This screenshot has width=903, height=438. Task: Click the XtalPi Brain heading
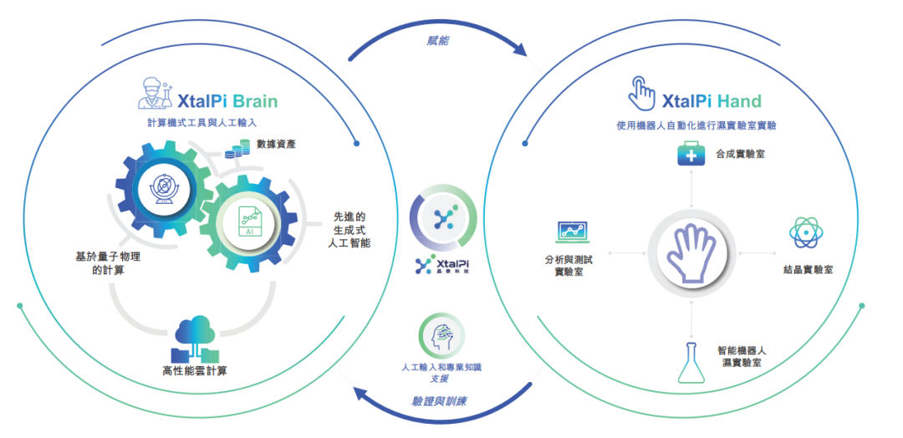[x=228, y=101]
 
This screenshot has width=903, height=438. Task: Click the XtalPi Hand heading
[x=712, y=101]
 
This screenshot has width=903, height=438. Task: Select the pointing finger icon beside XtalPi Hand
[x=641, y=94]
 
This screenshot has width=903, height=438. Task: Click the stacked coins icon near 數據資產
[x=237, y=150]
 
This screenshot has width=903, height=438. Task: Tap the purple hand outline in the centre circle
[x=691, y=253]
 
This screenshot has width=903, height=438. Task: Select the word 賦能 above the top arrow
[x=439, y=42]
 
